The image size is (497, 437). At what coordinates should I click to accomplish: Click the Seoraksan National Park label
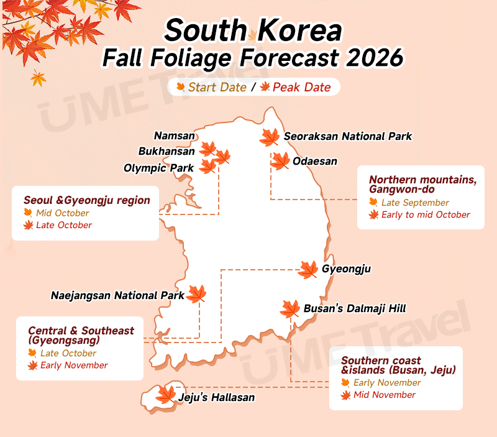point(347,136)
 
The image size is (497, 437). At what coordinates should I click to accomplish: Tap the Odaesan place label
point(315,162)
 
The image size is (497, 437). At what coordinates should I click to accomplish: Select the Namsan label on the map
point(175,136)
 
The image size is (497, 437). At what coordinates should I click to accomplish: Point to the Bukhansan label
point(166,151)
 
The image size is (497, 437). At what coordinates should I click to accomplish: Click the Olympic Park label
point(158,168)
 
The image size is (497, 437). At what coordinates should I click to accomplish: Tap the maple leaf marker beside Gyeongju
point(308,269)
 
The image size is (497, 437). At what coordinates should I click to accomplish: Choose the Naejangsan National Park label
point(117,296)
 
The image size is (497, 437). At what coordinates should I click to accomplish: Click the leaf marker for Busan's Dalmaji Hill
point(290,308)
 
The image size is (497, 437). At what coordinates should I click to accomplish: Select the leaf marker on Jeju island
point(166,394)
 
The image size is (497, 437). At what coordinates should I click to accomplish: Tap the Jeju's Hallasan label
point(216,397)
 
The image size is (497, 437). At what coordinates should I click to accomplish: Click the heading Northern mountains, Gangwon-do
point(422,184)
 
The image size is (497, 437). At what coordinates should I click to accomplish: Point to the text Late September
point(415,203)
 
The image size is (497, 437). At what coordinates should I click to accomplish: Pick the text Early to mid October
point(426,215)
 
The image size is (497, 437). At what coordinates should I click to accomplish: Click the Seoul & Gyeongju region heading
point(87,200)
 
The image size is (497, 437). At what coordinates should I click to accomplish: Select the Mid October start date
point(63,213)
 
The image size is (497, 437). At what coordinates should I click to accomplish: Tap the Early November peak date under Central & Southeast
point(74,366)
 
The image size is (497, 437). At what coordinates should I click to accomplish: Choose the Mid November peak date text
point(385,395)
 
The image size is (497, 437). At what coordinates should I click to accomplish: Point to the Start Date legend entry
point(217,87)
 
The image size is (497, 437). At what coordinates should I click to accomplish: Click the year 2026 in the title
point(371,58)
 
